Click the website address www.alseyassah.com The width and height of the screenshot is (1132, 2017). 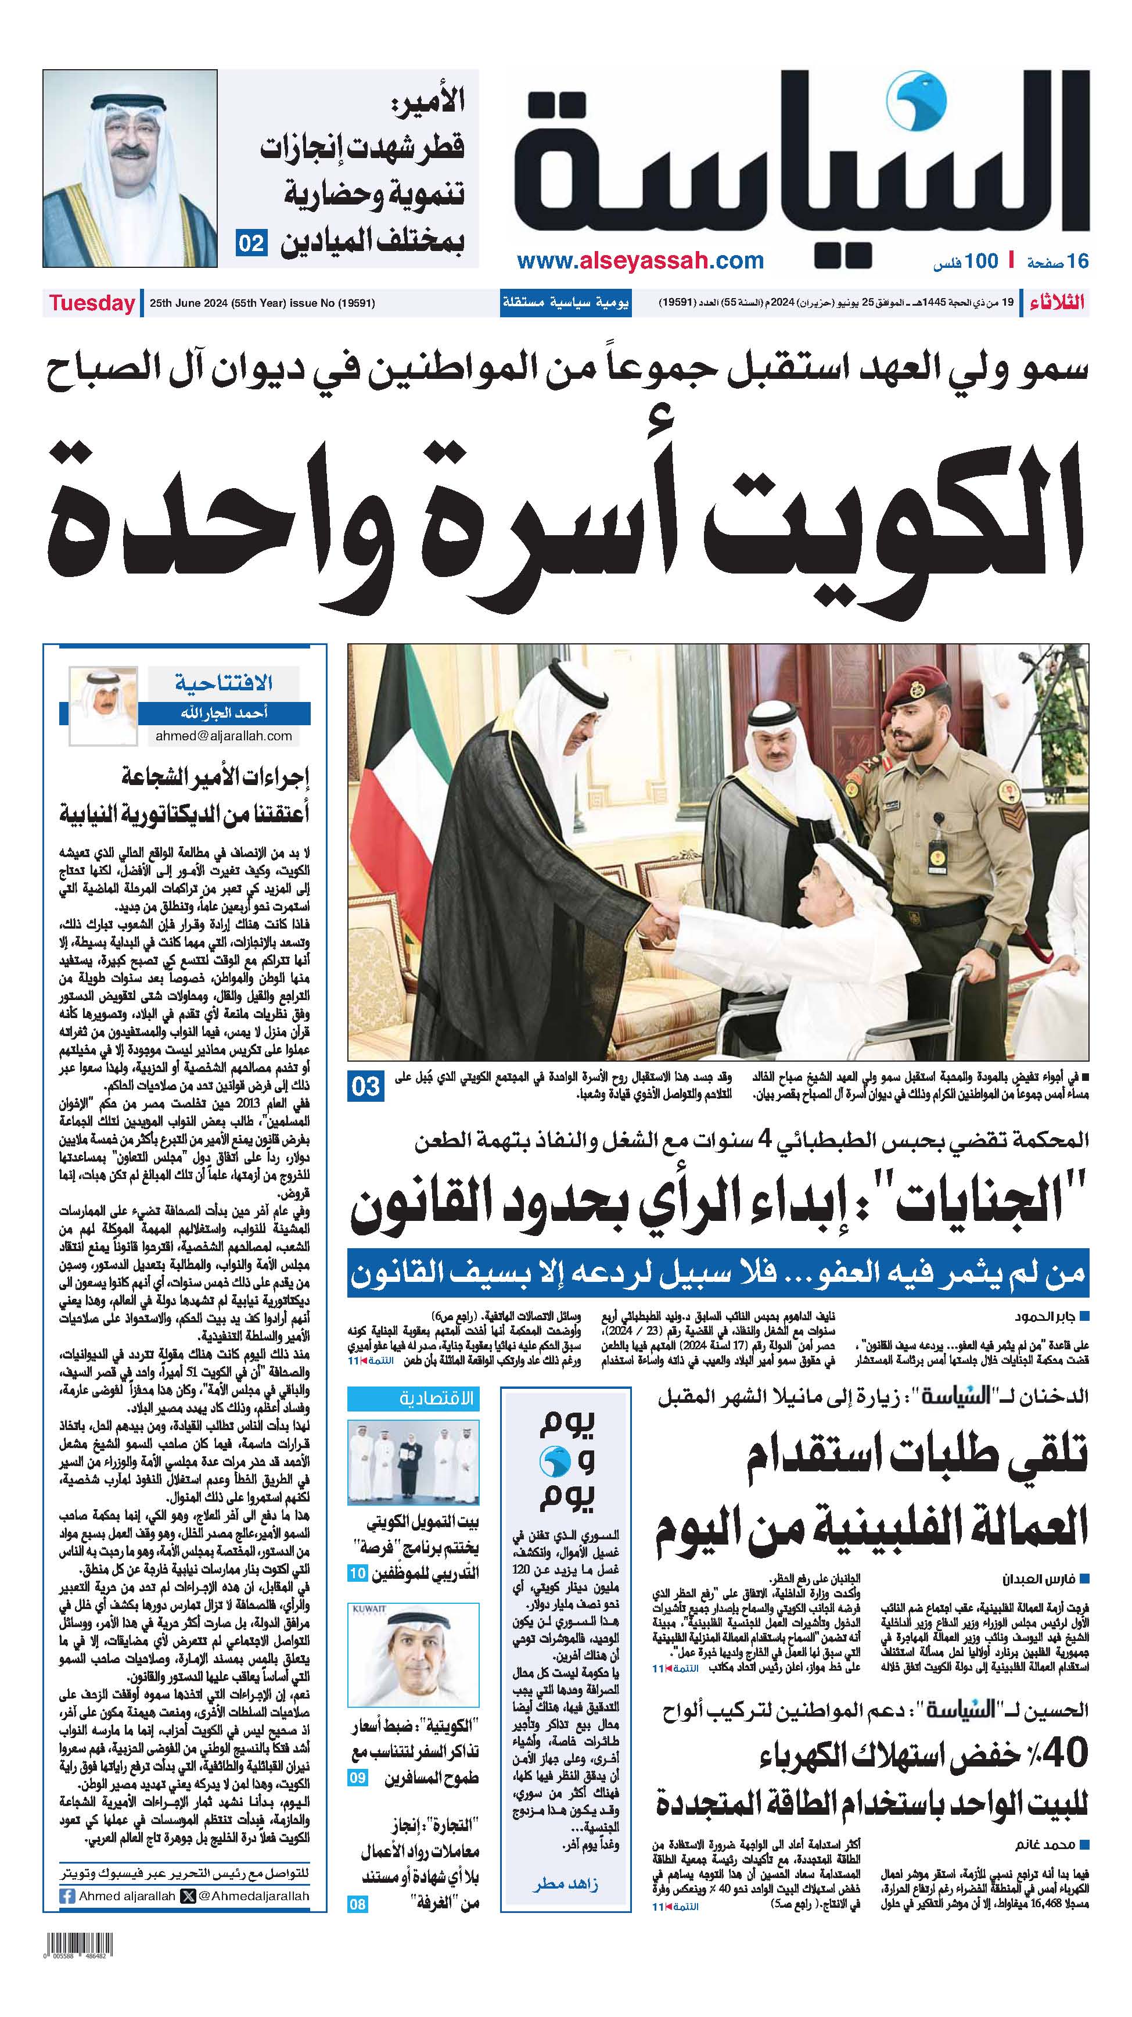[641, 261]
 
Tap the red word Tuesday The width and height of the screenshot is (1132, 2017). [92, 303]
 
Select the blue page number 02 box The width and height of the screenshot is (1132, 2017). [252, 243]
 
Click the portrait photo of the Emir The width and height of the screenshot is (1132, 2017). [130, 169]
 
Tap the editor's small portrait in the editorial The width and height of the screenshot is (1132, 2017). [103, 705]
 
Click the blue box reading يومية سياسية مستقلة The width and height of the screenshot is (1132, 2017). [566, 303]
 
